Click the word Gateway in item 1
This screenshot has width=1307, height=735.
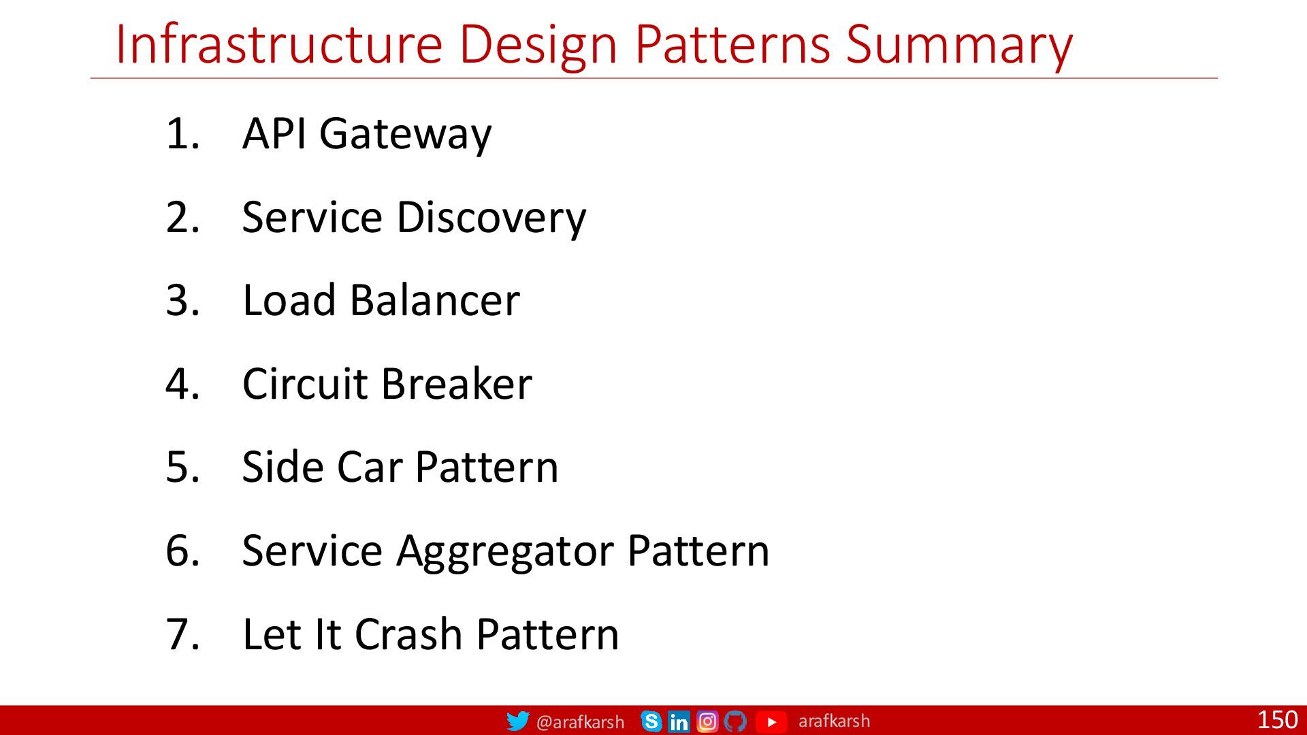click(405, 135)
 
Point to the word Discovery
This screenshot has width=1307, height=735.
click(491, 218)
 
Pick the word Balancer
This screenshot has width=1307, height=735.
click(434, 300)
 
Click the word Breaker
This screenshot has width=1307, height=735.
click(456, 384)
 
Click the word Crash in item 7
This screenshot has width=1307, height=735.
click(409, 634)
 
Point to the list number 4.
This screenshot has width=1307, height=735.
click(182, 384)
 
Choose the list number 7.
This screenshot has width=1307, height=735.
click(182, 634)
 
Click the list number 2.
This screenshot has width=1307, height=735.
click(182, 218)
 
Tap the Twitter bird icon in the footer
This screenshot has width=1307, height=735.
click(518, 721)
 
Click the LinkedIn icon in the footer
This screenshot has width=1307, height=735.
click(679, 721)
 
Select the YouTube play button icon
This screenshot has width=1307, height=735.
click(771, 721)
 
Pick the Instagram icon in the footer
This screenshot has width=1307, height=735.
click(707, 721)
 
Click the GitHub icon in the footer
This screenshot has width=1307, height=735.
click(735, 721)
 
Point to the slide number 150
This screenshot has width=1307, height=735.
click(1278, 719)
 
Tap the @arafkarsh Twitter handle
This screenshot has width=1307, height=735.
click(580, 722)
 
